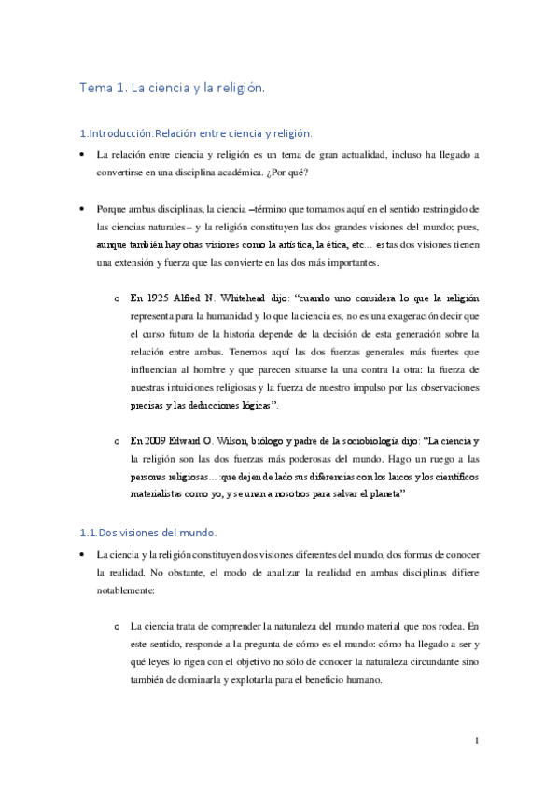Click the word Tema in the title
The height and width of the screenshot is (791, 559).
(95, 90)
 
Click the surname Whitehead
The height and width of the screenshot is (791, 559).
(247, 298)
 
